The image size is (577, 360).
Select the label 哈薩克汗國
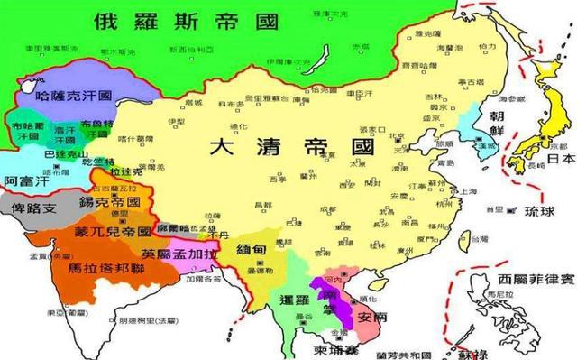(x=74, y=95)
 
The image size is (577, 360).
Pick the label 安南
(x=375, y=317)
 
